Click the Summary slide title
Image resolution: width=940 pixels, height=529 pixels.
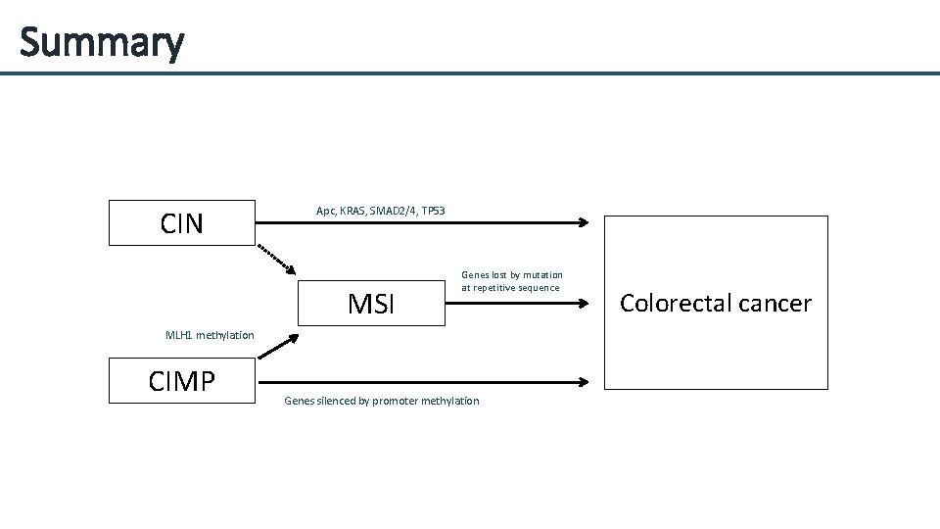click(101, 42)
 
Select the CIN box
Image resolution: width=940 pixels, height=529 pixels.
click(181, 223)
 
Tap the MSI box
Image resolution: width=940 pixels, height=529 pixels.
click(371, 304)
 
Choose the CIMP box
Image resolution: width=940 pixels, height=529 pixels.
click(181, 381)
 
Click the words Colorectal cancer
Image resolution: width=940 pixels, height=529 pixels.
click(716, 304)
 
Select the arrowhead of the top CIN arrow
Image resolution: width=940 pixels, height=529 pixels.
click(584, 222)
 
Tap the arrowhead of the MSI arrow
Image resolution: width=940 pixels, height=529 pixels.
click(584, 304)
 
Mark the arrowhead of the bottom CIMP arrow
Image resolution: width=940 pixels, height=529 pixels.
click(584, 382)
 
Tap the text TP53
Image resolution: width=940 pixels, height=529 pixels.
click(433, 211)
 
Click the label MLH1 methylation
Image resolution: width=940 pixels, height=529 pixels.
click(210, 335)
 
